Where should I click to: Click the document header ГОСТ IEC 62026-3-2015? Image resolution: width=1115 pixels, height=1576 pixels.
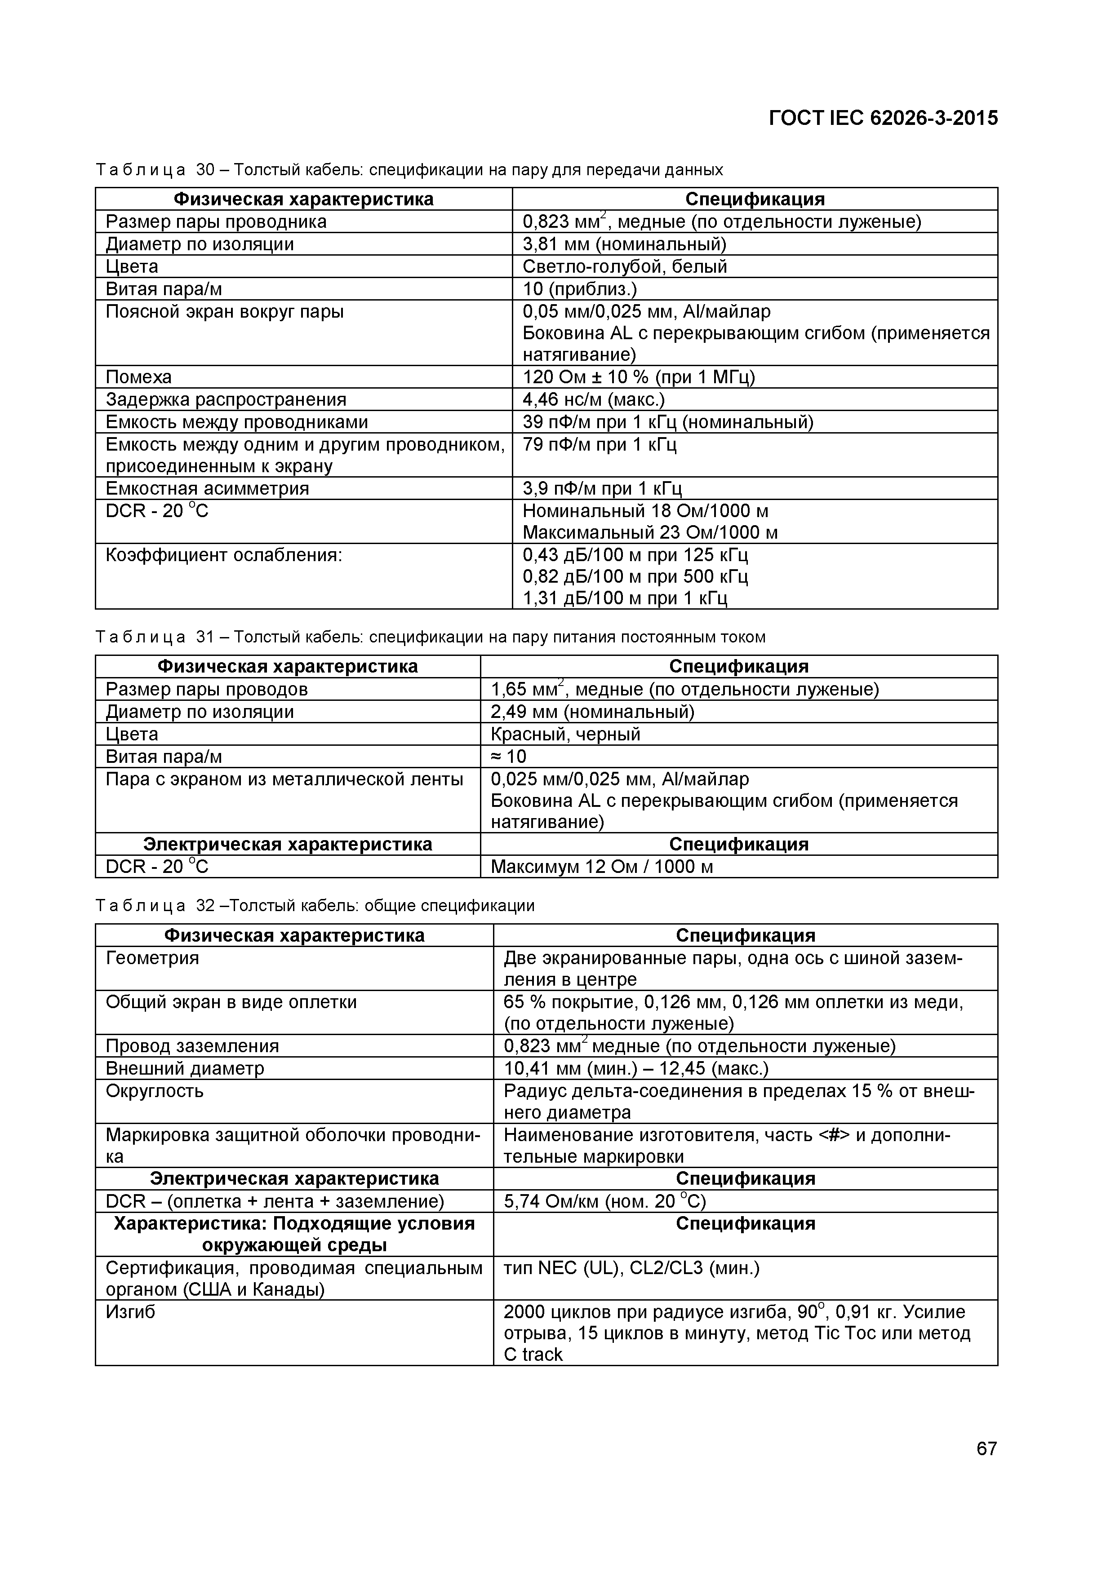[883, 119]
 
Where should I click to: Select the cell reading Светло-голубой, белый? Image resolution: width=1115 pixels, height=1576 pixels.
[624, 266]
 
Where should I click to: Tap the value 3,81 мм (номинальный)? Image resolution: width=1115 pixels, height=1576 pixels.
[624, 244]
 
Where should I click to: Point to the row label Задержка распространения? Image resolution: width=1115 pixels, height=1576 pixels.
[226, 399]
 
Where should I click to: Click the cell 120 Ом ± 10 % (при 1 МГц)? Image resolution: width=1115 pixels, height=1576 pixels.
[639, 377]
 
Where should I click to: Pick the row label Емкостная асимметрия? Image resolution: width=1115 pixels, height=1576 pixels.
[207, 489]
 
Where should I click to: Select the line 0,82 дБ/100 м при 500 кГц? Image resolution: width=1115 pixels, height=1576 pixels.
[635, 576]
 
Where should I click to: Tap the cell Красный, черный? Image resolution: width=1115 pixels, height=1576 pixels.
[565, 735]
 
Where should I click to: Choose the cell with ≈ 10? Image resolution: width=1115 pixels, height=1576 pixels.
[508, 757]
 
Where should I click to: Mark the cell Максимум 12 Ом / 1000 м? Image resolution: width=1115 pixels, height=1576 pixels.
[601, 867]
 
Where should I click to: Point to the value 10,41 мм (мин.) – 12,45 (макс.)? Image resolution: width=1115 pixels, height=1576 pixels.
[636, 1069]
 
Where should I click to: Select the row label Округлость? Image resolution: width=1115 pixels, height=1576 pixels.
[155, 1091]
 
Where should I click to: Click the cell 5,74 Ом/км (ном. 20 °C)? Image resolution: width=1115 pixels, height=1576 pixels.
[604, 1201]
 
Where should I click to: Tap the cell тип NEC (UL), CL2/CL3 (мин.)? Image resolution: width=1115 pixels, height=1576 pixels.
[631, 1268]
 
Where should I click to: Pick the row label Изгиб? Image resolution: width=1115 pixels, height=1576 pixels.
[130, 1312]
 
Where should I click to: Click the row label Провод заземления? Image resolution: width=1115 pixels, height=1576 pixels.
[192, 1046]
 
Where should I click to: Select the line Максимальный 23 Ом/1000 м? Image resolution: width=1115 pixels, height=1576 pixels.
[649, 533]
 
